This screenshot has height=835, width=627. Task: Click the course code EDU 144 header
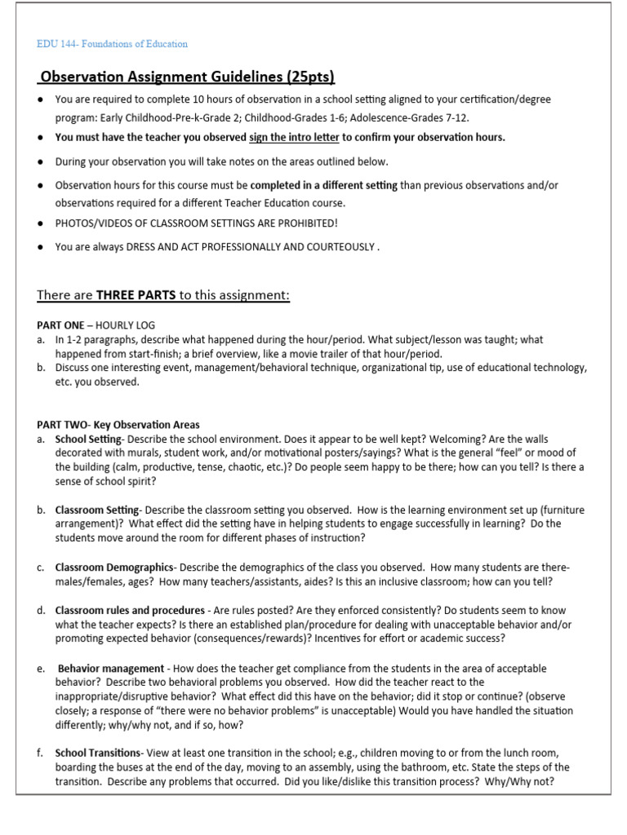click(x=113, y=43)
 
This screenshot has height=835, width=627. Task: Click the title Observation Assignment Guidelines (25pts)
click(x=188, y=77)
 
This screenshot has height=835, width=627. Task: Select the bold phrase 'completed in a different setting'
click(x=324, y=186)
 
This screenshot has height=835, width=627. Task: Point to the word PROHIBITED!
click(x=300, y=223)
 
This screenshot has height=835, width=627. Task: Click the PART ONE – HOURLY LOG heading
click(x=96, y=325)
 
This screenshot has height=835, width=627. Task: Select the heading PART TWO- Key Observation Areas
click(x=118, y=424)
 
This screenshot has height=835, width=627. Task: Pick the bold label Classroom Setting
click(x=97, y=510)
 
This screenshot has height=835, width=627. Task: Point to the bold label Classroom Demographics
click(x=114, y=567)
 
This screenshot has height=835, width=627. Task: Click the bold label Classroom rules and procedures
click(x=129, y=610)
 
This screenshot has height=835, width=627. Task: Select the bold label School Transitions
click(x=100, y=753)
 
